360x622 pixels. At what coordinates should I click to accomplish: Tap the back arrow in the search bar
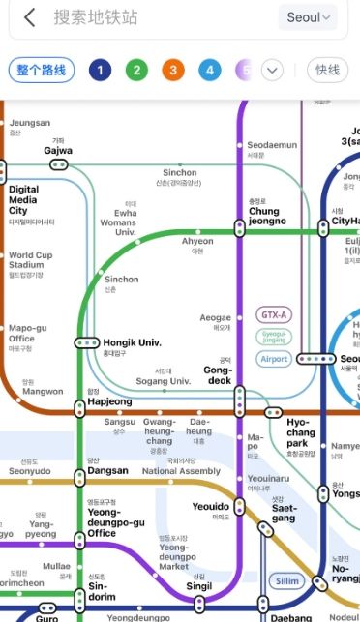click(30, 17)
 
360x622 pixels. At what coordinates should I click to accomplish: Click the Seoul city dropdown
click(308, 17)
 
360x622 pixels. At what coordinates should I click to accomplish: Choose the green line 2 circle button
click(137, 70)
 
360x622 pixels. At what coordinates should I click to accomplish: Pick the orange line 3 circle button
click(173, 70)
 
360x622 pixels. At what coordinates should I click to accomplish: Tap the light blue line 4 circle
click(209, 70)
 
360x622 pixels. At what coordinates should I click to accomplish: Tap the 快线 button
click(328, 70)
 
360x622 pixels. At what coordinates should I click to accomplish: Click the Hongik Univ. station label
click(132, 342)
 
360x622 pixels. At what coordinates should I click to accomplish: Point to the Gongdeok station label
click(219, 374)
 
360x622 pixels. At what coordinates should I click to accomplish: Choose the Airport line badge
click(274, 359)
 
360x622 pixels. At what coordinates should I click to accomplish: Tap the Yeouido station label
click(210, 506)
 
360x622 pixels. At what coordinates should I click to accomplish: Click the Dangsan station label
click(107, 470)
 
